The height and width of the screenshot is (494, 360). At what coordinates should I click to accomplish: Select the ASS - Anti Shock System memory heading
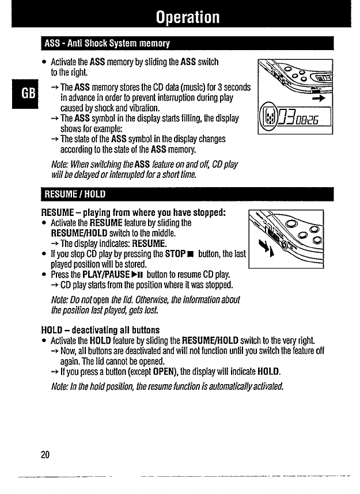[x=105, y=44]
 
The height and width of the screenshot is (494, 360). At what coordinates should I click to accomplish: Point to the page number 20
[x=45, y=455]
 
